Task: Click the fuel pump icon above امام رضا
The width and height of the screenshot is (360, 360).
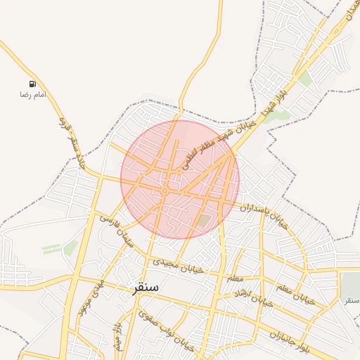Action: click(x=32, y=84)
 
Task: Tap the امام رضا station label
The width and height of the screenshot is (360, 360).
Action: click(x=32, y=94)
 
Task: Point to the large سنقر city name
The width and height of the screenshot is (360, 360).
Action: click(x=145, y=287)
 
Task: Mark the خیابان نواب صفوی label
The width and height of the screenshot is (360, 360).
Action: click(x=165, y=330)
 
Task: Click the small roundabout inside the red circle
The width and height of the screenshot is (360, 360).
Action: click(x=164, y=190)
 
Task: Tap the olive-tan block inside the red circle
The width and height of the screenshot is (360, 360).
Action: click(x=203, y=221)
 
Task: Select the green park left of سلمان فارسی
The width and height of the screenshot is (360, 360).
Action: click(x=70, y=247)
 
